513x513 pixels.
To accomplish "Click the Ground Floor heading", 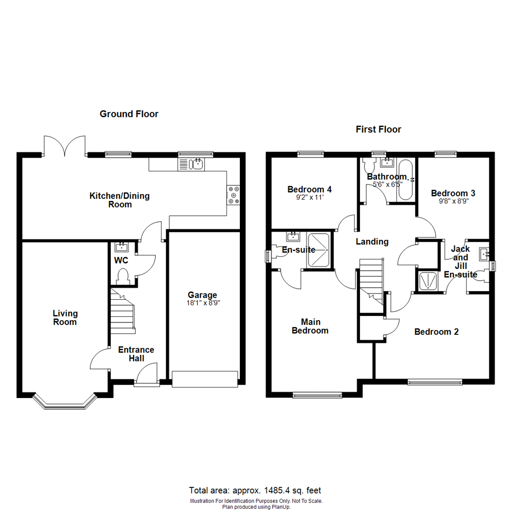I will pyautogui.click(x=129, y=114).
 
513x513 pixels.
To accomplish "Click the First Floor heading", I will pyautogui.click(x=378, y=129).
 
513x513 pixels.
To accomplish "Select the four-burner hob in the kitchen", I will pyautogui.click(x=234, y=195).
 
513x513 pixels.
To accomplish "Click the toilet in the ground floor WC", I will pyautogui.click(x=123, y=276).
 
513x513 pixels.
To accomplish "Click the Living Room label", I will pyautogui.click(x=65, y=318).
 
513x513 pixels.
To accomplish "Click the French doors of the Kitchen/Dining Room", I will pyautogui.click(x=65, y=145).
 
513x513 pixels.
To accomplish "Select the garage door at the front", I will pyautogui.click(x=204, y=379).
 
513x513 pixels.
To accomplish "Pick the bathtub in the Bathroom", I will pyautogui.click(x=405, y=180).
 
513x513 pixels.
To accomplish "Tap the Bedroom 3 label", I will pyautogui.click(x=453, y=193).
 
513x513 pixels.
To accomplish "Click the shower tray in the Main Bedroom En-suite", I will pyautogui.click(x=319, y=250).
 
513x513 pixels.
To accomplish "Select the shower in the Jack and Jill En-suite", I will pyautogui.click(x=429, y=280).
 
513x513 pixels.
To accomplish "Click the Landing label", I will pyautogui.click(x=372, y=242).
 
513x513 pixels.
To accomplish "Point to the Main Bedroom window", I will pyautogui.click(x=317, y=394).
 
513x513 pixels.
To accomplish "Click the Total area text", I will pyautogui.click(x=256, y=491).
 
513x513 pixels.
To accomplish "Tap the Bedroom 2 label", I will pyautogui.click(x=436, y=332).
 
